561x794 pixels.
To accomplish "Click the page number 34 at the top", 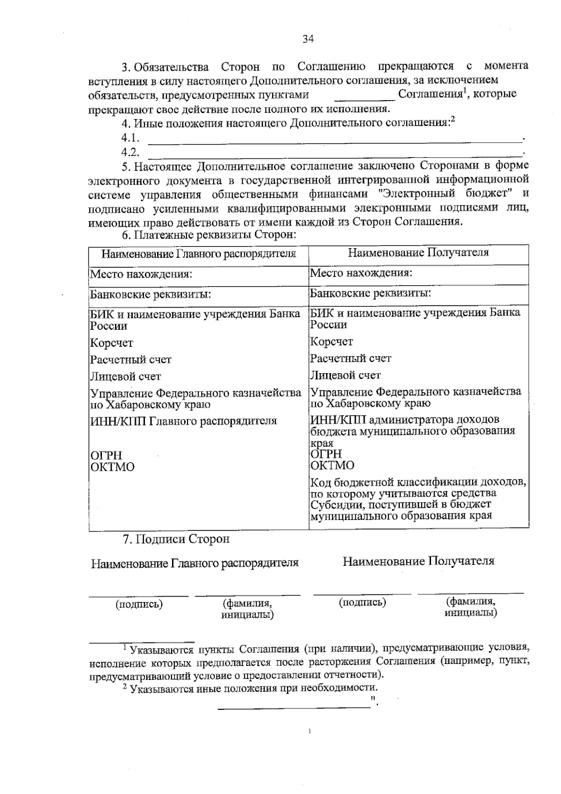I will (x=308, y=39).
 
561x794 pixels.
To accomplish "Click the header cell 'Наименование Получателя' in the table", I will (x=418, y=253).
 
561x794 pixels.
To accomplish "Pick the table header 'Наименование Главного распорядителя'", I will (x=199, y=254).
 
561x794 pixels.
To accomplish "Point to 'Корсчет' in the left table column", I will (x=111, y=343).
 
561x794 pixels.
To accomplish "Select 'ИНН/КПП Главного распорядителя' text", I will (x=183, y=421).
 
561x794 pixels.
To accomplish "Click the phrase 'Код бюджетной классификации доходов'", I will (x=418, y=482).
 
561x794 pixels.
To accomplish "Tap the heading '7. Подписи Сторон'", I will (x=176, y=539).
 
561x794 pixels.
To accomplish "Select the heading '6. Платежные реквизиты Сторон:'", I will (x=209, y=234).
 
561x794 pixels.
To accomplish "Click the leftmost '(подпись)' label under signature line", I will (x=139, y=604).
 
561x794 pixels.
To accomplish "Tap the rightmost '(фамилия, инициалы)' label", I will (x=470, y=607).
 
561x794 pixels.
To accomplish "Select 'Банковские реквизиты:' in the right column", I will (x=370, y=293).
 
